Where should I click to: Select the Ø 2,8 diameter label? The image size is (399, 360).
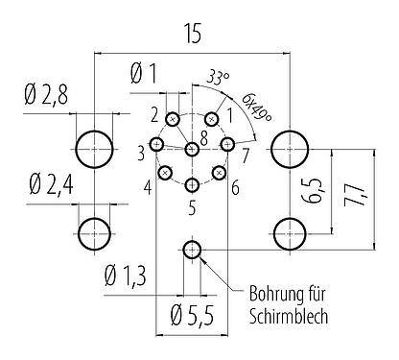pos(46,97)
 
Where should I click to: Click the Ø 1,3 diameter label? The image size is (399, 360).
pos(125,277)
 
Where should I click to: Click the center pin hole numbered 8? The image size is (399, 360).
pos(192,148)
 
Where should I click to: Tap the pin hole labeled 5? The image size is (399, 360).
pos(192,184)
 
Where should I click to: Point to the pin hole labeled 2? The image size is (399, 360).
pos(173,119)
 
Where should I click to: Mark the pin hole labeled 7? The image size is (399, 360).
pos(227,144)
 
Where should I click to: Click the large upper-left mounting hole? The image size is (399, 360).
pos(94,148)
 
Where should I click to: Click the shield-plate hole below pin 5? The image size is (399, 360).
pos(192,251)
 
